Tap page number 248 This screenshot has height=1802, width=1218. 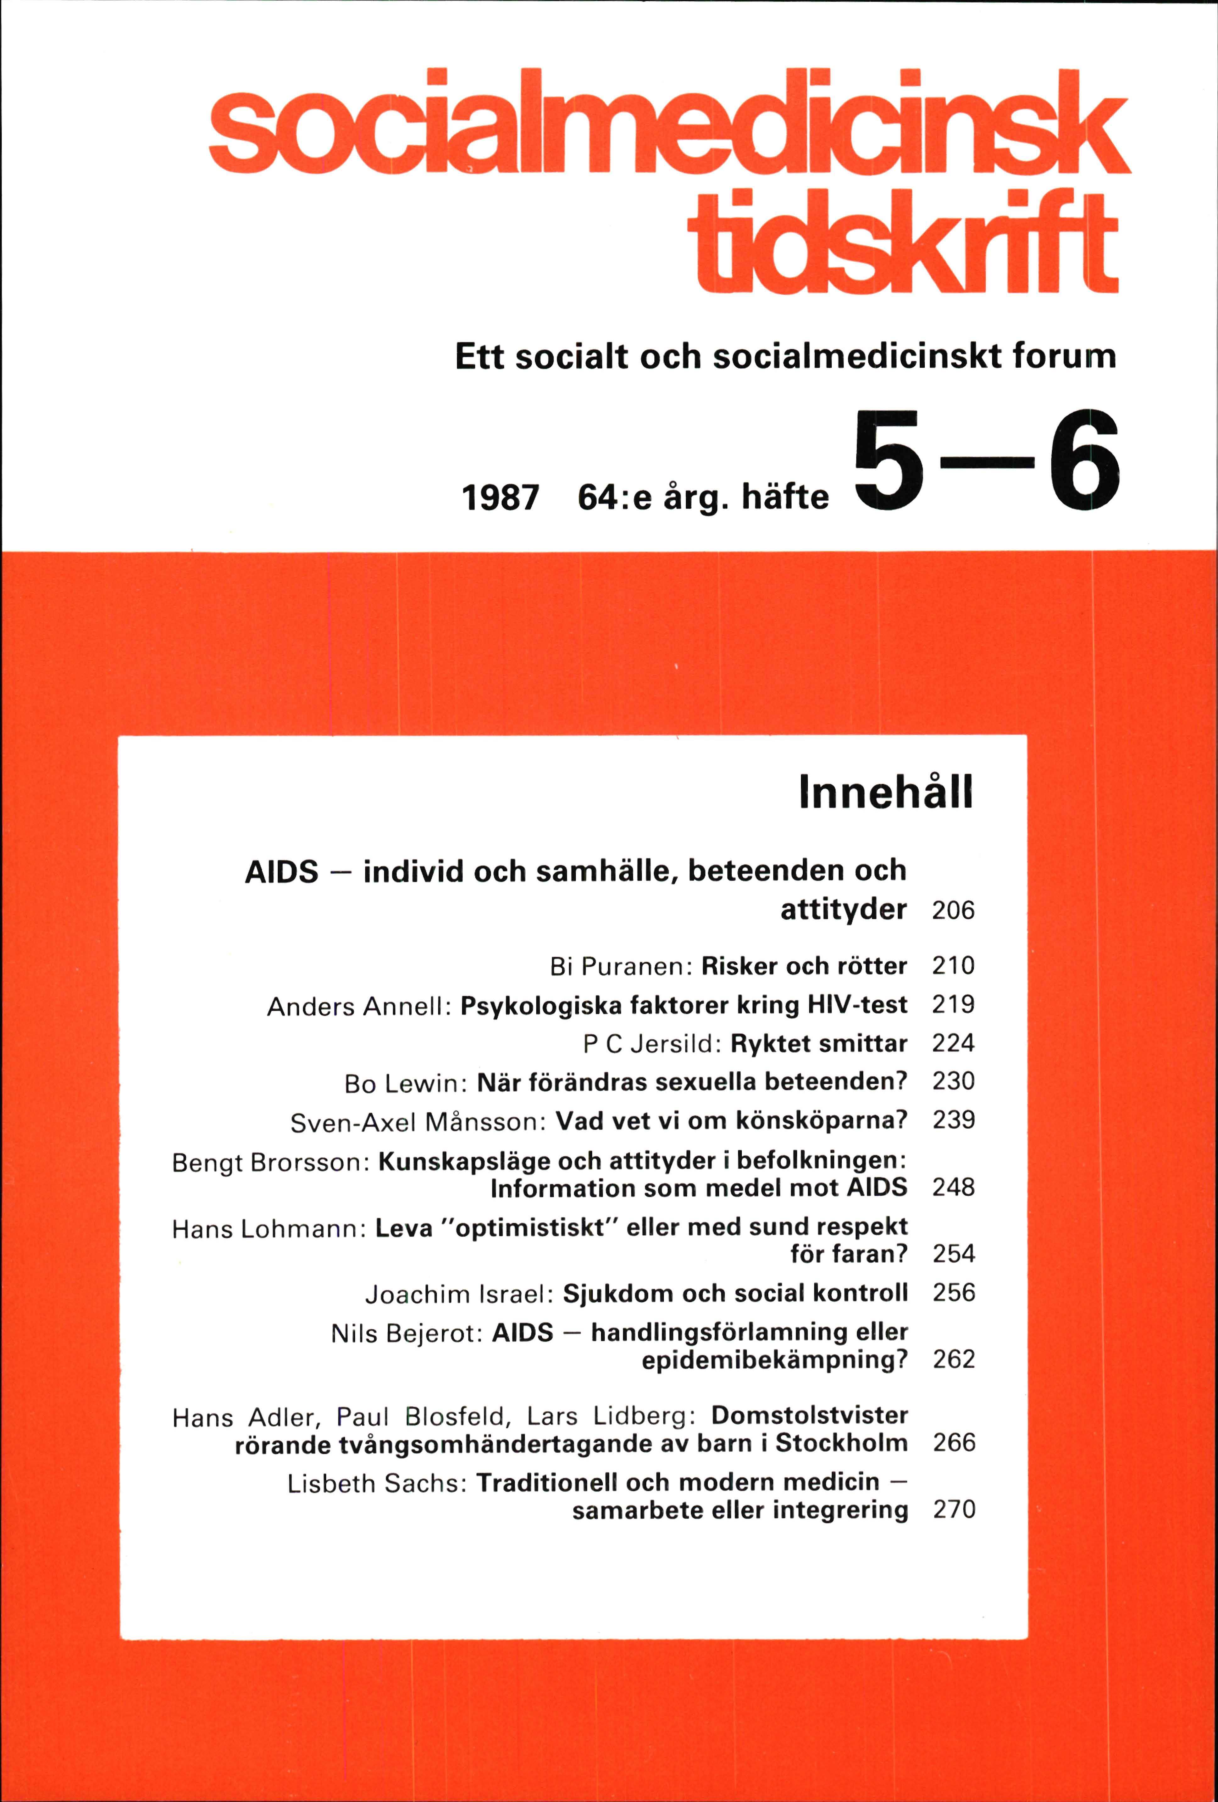coord(953,1187)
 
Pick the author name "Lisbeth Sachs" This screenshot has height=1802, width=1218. coord(376,1483)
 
